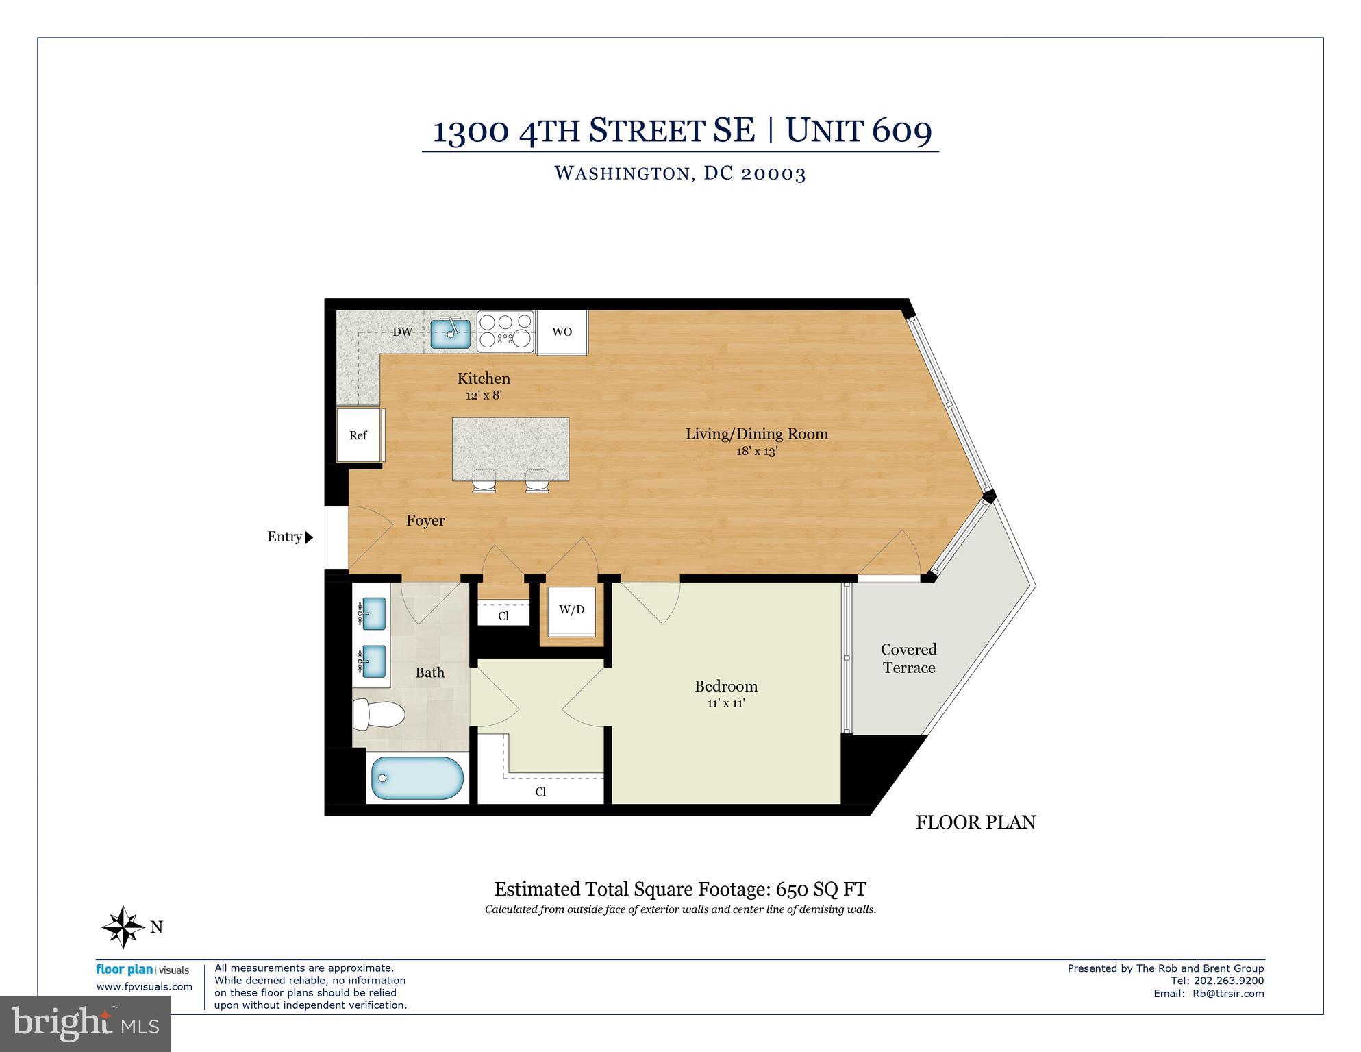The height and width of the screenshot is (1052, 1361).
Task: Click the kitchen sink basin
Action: click(451, 334)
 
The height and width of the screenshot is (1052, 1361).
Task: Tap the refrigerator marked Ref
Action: click(358, 435)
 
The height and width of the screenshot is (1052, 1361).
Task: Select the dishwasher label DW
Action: click(402, 332)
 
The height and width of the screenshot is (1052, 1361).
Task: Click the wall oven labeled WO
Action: click(562, 332)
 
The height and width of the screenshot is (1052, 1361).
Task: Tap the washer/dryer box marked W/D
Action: click(571, 609)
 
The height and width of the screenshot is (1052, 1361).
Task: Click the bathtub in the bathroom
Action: click(417, 778)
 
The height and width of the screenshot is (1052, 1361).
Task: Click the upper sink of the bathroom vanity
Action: click(373, 613)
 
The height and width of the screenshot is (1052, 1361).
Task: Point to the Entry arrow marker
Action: click(309, 537)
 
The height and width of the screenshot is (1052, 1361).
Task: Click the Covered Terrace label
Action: click(908, 658)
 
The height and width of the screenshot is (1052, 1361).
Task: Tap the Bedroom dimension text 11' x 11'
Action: click(725, 703)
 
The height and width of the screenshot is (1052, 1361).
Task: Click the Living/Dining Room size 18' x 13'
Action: click(757, 451)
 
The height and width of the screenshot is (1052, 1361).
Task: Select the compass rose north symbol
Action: click(123, 927)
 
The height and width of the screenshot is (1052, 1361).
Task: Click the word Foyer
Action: click(425, 521)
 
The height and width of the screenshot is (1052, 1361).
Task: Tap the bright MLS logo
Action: click(85, 1024)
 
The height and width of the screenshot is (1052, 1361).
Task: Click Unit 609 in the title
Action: click(858, 130)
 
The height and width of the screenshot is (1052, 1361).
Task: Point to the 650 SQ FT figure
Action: click(821, 890)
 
